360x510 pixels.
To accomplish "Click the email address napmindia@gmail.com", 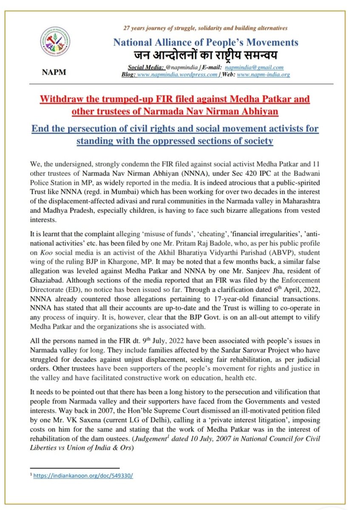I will coord(260,67).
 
